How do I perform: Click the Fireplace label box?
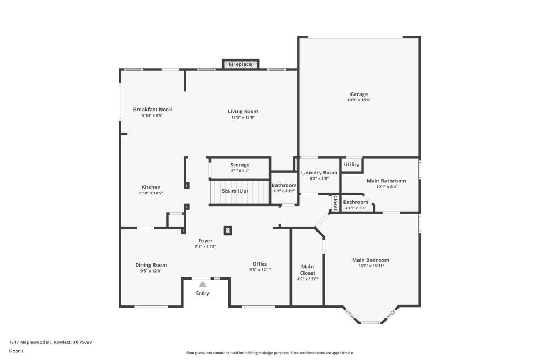point(240,64)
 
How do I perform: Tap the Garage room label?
point(359,94)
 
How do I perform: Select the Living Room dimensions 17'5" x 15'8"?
point(242,117)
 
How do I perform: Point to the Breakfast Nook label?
point(152,110)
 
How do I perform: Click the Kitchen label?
point(151,187)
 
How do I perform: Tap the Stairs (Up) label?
point(235,191)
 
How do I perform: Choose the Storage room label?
point(240,165)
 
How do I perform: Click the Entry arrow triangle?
point(202,284)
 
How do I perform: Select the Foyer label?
point(205,241)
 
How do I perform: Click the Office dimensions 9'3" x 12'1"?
point(260,270)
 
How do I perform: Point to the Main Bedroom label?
point(370,260)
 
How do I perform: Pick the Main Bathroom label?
point(386,181)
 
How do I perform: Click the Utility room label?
point(352,165)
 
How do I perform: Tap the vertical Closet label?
point(335,203)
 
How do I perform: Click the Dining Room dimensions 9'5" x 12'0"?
point(151,271)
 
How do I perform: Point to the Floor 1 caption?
point(16,351)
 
